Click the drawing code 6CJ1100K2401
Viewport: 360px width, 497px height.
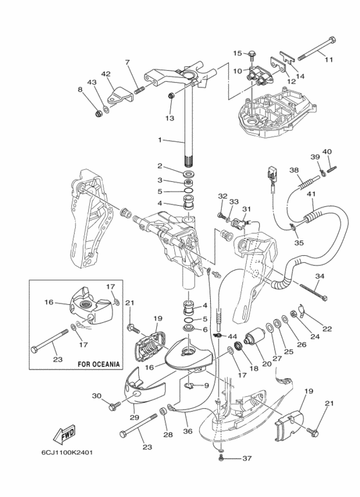(67, 452)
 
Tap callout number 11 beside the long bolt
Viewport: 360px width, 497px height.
(329, 59)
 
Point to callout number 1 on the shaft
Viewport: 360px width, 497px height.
(160, 140)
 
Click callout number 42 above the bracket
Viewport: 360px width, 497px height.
(106, 74)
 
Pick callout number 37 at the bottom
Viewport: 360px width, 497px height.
(247, 458)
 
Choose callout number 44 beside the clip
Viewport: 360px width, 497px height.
(232, 336)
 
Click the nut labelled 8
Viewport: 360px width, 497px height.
(98, 113)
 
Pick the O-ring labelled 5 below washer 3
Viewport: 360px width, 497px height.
(188, 191)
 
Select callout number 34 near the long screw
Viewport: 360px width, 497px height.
(319, 276)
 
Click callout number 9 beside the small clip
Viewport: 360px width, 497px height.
(206, 385)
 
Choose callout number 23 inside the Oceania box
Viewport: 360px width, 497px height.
(58, 359)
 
